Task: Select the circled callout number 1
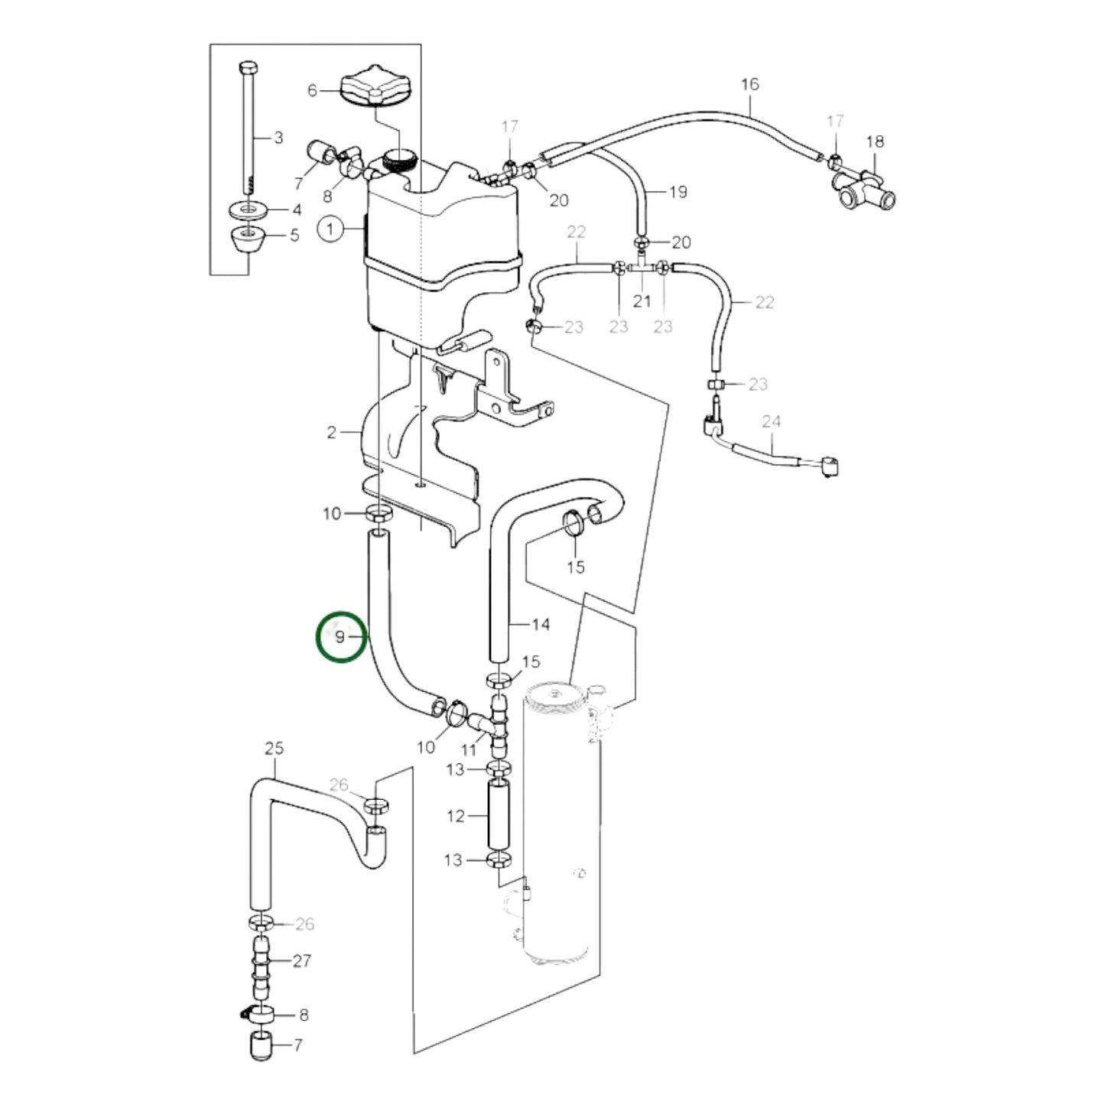pos(331,229)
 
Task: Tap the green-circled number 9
pos(341,635)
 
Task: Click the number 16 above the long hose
pos(749,84)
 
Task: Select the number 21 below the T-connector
pos(642,301)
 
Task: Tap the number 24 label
pos(771,421)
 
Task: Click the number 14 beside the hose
pos(540,625)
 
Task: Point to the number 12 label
pos(456,816)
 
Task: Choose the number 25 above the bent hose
pos(274,748)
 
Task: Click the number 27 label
pos(302,960)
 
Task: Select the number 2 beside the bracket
pos(331,433)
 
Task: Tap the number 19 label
pos(678,191)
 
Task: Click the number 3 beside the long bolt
pos(278,138)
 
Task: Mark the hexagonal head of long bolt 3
pos(249,67)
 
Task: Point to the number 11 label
pos(469,750)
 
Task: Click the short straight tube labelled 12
pos(498,815)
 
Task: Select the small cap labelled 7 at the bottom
pos(262,1045)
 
